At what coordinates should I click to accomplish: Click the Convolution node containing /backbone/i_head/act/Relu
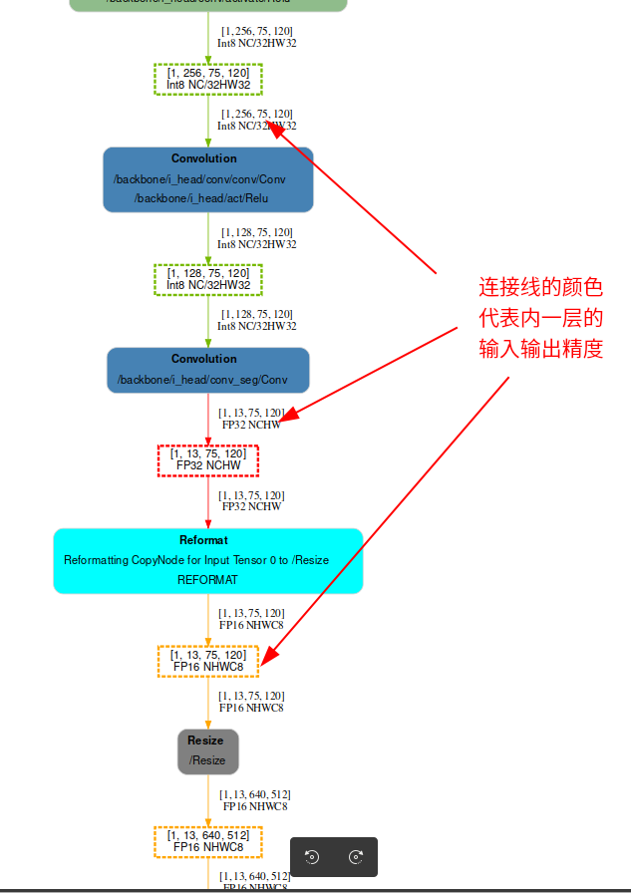click(207, 179)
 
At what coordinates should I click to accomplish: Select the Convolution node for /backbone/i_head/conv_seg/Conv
click(207, 370)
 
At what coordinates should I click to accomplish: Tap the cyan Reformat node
click(207, 561)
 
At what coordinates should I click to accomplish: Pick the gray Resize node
click(208, 751)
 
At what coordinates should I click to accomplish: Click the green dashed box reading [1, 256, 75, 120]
click(208, 79)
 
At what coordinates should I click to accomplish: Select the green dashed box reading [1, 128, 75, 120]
click(208, 279)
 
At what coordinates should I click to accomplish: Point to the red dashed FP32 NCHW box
click(208, 460)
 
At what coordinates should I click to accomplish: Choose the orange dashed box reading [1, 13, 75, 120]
click(208, 661)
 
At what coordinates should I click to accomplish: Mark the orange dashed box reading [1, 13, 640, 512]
click(208, 841)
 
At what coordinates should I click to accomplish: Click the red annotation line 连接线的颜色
click(540, 288)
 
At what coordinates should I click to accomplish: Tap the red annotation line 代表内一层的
click(540, 319)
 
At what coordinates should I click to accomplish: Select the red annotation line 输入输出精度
click(540, 350)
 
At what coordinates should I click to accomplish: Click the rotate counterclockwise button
click(312, 857)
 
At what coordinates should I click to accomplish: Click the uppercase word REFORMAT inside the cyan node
click(207, 579)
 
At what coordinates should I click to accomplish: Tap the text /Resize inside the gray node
click(208, 760)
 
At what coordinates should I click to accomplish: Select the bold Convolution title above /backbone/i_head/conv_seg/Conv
click(204, 359)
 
